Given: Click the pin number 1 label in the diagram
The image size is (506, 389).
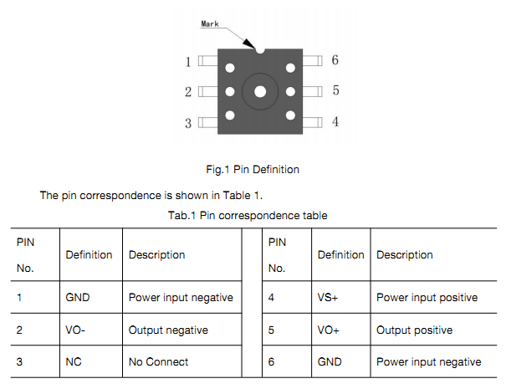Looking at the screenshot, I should coord(189,62).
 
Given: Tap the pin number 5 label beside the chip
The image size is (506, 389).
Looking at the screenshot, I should coord(335,90).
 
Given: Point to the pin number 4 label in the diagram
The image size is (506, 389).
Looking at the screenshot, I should coord(335,121).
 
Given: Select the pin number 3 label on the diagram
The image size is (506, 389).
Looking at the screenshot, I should coord(189,123).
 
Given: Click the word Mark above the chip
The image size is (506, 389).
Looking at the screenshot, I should coord(210,24).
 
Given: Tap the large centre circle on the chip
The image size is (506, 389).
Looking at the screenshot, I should coord(260,91).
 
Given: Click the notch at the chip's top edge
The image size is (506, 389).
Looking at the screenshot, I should coord(260,50).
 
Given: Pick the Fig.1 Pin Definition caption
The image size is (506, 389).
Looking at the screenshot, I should coord(253,169).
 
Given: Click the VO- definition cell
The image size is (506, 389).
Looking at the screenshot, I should coord(75,330).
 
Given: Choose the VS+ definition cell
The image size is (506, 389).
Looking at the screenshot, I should coord(330,297).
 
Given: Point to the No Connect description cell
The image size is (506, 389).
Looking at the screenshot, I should coord(158,361).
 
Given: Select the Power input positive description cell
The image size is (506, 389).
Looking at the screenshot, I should coord(427,297).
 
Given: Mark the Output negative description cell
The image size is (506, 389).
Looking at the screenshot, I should coord(168,330).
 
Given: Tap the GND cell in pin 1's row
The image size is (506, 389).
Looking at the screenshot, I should coord(77,297).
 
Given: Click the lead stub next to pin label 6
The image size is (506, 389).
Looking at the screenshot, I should coord(312,61).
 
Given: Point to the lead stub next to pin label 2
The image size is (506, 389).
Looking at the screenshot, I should coord(207,92).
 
